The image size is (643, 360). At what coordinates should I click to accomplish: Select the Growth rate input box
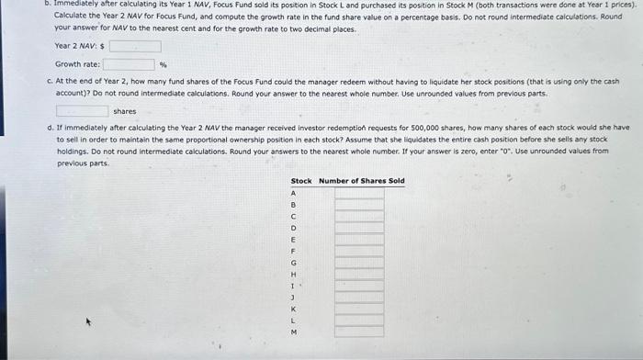pyautogui.click(x=129, y=64)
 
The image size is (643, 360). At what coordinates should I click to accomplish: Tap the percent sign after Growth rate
pyautogui.click(x=164, y=65)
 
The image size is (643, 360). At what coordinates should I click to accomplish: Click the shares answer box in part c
pyautogui.click(x=82, y=111)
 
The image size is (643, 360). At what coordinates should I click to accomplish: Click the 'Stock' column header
pyautogui.click(x=300, y=181)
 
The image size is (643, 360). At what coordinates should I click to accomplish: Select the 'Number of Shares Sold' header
pyautogui.click(x=361, y=181)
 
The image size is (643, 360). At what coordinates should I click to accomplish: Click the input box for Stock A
pyautogui.click(x=358, y=193)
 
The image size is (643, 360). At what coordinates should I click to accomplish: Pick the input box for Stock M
pyautogui.click(x=358, y=332)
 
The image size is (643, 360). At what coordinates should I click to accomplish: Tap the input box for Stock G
pyautogui.click(x=358, y=262)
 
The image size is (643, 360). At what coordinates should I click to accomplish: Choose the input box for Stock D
pyautogui.click(x=358, y=228)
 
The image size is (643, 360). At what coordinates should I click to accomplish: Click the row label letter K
pyautogui.click(x=293, y=309)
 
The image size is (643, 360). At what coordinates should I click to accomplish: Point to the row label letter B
pyautogui.click(x=293, y=205)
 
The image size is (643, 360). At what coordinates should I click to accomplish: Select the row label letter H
pyautogui.click(x=293, y=274)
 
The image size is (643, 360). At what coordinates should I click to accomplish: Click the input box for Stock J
pyautogui.click(x=358, y=297)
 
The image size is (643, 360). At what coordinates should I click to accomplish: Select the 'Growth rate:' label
pyautogui.click(x=78, y=65)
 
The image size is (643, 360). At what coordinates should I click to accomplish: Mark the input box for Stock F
pyautogui.click(x=358, y=251)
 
